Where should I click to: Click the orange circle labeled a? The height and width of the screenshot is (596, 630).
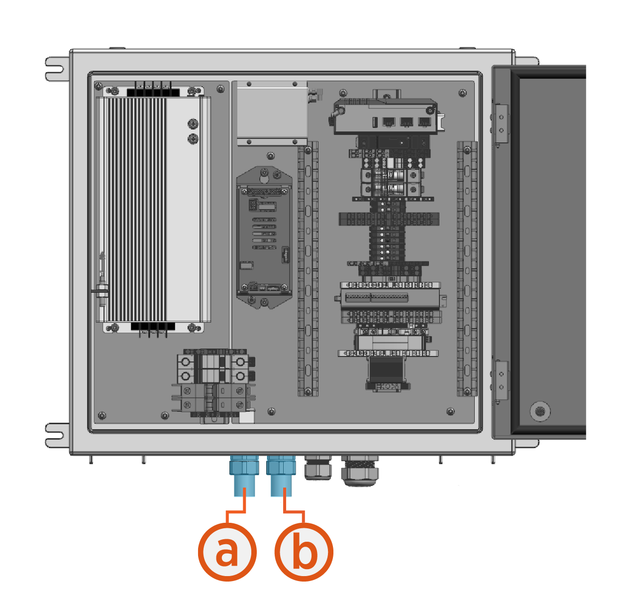click(x=227, y=552)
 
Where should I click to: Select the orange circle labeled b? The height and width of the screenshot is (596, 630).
click(x=304, y=552)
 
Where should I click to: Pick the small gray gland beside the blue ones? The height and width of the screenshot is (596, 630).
click(x=317, y=468)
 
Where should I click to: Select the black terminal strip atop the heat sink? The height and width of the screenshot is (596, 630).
click(x=153, y=92)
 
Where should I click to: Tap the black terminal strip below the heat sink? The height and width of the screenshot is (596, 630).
click(x=153, y=327)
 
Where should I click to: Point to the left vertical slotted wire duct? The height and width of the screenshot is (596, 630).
click(x=308, y=269)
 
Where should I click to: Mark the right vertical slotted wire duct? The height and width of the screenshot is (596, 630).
click(x=467, y=269)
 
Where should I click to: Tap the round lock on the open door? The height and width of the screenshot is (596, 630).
click(x=539, y=411)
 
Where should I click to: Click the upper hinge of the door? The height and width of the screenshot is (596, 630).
click(x=501, y=124)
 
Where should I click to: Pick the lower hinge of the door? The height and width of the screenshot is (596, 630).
click(x=501, y=381)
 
